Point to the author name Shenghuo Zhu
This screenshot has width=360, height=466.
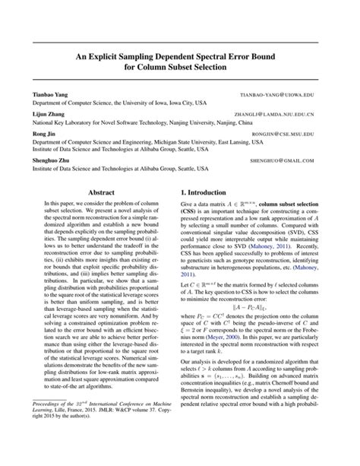point(52,161)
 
